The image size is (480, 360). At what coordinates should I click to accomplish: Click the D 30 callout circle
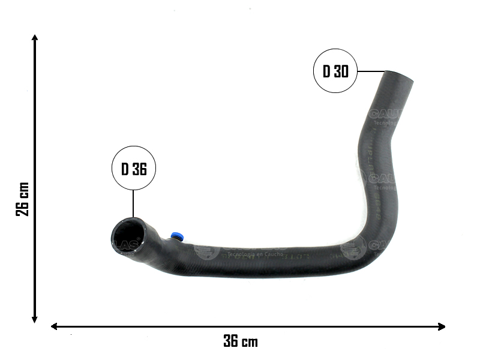(x=336, y=71)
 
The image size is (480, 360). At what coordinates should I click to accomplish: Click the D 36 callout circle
(x=134, y=169)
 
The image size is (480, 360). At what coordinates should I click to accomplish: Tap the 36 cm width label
(x=241, y=341)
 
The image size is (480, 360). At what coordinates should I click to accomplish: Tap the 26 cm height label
(x=22, y=199)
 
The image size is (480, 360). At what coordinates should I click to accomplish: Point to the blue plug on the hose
(x=176, y=236)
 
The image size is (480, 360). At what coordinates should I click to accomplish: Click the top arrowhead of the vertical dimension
(x=35, y=38)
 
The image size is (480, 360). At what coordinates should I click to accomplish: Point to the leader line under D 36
(x=133, y=204)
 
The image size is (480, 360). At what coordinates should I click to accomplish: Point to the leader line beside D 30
(x=371, y=71)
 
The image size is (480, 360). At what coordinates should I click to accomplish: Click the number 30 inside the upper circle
(x=341, y=71)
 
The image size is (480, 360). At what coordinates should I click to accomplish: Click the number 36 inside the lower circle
(x=139, y=169)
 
